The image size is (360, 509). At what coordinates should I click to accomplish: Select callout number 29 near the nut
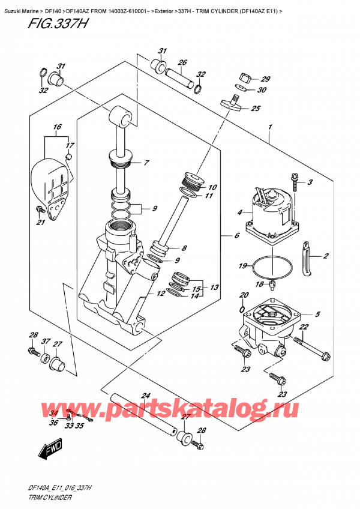pyautogui.click(x=266, y=79)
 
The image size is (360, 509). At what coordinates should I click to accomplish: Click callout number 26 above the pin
pyautogui.click(x=182, y=62)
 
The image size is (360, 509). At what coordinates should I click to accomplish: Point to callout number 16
pyautogui.click(x=57, y=127)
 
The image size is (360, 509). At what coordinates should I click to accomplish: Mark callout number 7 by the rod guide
pyautogui.click(x=145, y=163)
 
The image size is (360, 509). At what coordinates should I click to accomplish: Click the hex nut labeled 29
pyautogui.click(x=244, y=77)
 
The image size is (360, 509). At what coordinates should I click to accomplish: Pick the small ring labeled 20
pyautogui.click(x=241, y=310)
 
